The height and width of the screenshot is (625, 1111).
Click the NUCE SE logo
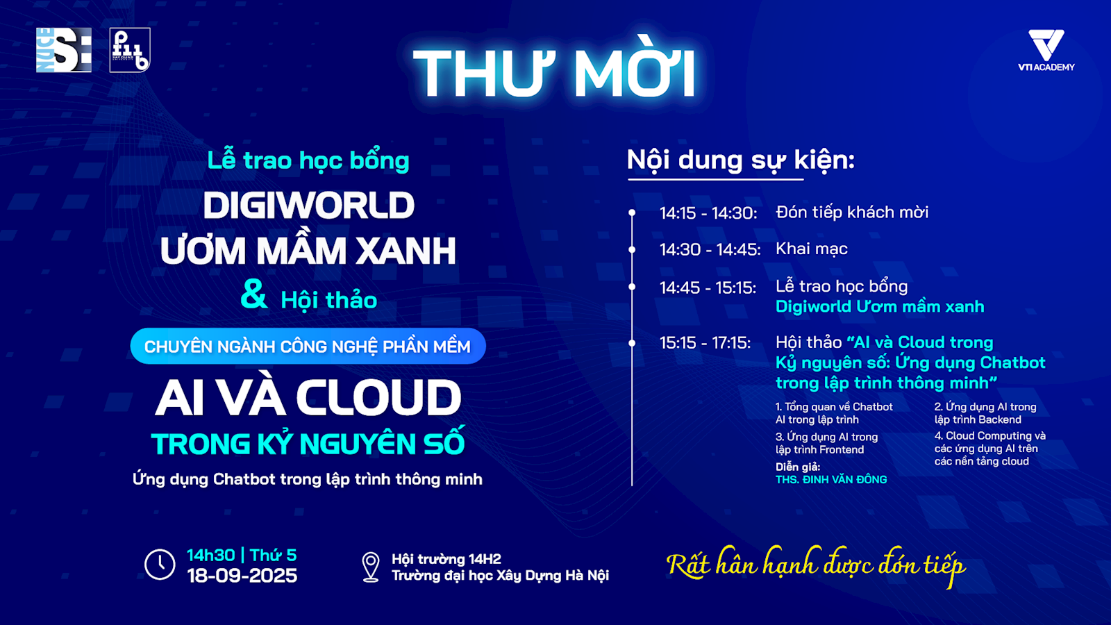pyautogui.click(x=64, y=50)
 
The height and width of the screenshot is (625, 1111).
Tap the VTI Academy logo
pyautogui.click(x=1046, y=50)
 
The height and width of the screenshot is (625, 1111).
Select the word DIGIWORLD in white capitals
pyautogui.click(x=308, y=205)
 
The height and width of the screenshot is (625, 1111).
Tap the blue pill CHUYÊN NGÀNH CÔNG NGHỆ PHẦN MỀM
pyautogui.click(x=308, y=346)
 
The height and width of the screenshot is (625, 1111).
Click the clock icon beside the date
pyautogui.click(x=160, y=564)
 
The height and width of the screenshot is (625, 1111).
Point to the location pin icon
pyautogui.click(x=371, y=567)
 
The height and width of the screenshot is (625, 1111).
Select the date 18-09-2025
pyautogui.click(x=242, y=576)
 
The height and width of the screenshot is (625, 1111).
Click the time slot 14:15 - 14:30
pyautogui.click(x=708, y=212)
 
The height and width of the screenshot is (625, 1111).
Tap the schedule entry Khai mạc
pyautogui.click(x=812, y=249)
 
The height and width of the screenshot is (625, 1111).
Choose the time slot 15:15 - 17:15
pyautogui.click(x=705, y=343)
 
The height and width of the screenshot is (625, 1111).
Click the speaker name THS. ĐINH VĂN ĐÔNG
pyautogui.click(x=831, y=480)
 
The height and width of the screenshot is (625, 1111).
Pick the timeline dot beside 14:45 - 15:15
pyautogui.click(x=632, y=287)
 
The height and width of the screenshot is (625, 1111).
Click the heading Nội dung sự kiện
pyautogui.click(x=741, y=160)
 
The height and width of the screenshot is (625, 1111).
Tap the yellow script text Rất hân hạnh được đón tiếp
pyautogui.click(x=817, y=565)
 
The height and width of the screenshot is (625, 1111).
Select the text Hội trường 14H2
pyautogui.click(x=446, y=559)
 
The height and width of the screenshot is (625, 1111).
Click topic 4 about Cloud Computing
pyautogui.click(x=990, y=449)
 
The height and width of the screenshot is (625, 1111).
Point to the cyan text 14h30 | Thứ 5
pyautogui.click(x=242, y=555)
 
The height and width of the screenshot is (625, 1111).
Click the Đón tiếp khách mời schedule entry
pyautogui.click(x=852, y=212)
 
